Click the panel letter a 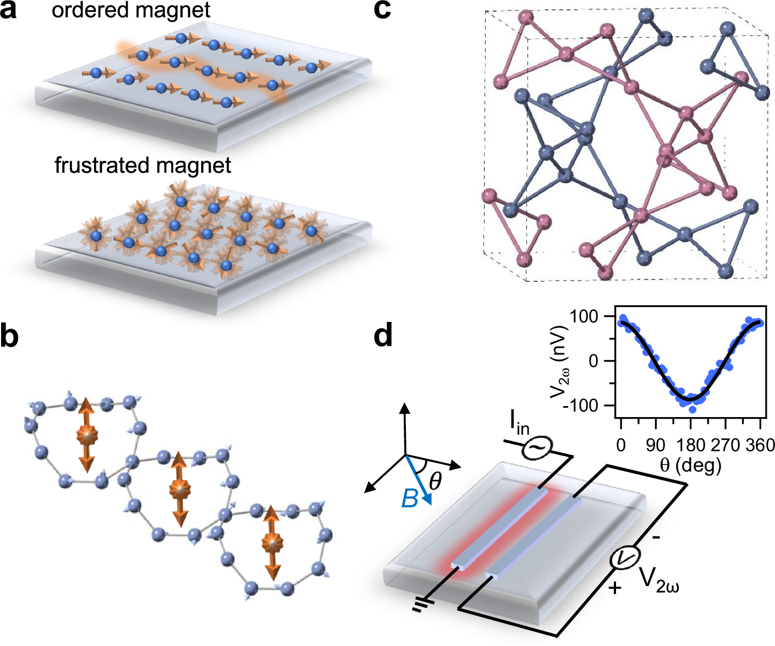pyautogui.click(x=9, y=11)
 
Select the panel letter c pyautogui.click(x=383, y=11)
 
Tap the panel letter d pyautogui.click(x=383, y=336)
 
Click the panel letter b pyautogui.click(x=10, y=336)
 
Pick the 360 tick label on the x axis pyautogui.click(x=760, y=445)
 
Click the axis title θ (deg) pyautogui.click(x=690, y=466)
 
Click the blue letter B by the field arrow pyautogui.click(x=410, y=499)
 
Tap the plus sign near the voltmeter pyautogui.click(x=615, y=588)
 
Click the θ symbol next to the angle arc pyautogui.click(x=435, y=481)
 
